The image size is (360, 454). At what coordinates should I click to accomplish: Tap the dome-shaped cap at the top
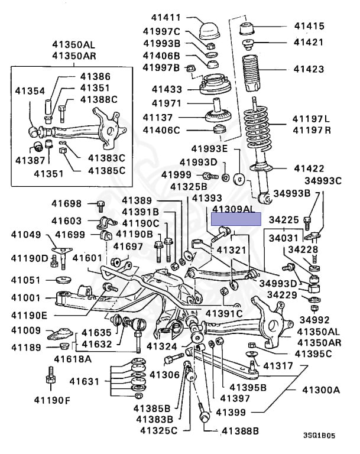click(x=209, y=28)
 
